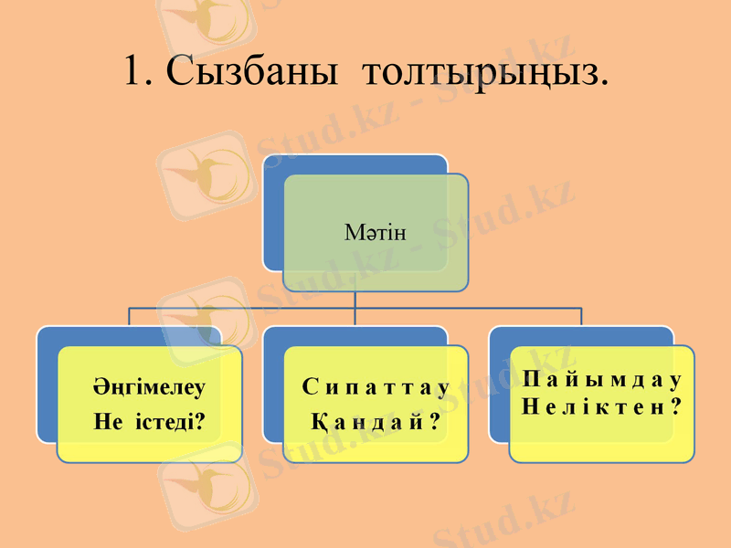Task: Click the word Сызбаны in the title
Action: click(x=245, y=70)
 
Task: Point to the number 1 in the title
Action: click(x=134, y=70)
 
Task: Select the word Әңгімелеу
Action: click(x=149, y=386)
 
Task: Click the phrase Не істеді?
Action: click(x=149, y=422)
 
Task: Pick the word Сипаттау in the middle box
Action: click(x=376, y=387)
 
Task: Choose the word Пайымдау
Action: click(x=602, y=378)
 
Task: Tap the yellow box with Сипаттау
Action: click(x=376, y=448)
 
